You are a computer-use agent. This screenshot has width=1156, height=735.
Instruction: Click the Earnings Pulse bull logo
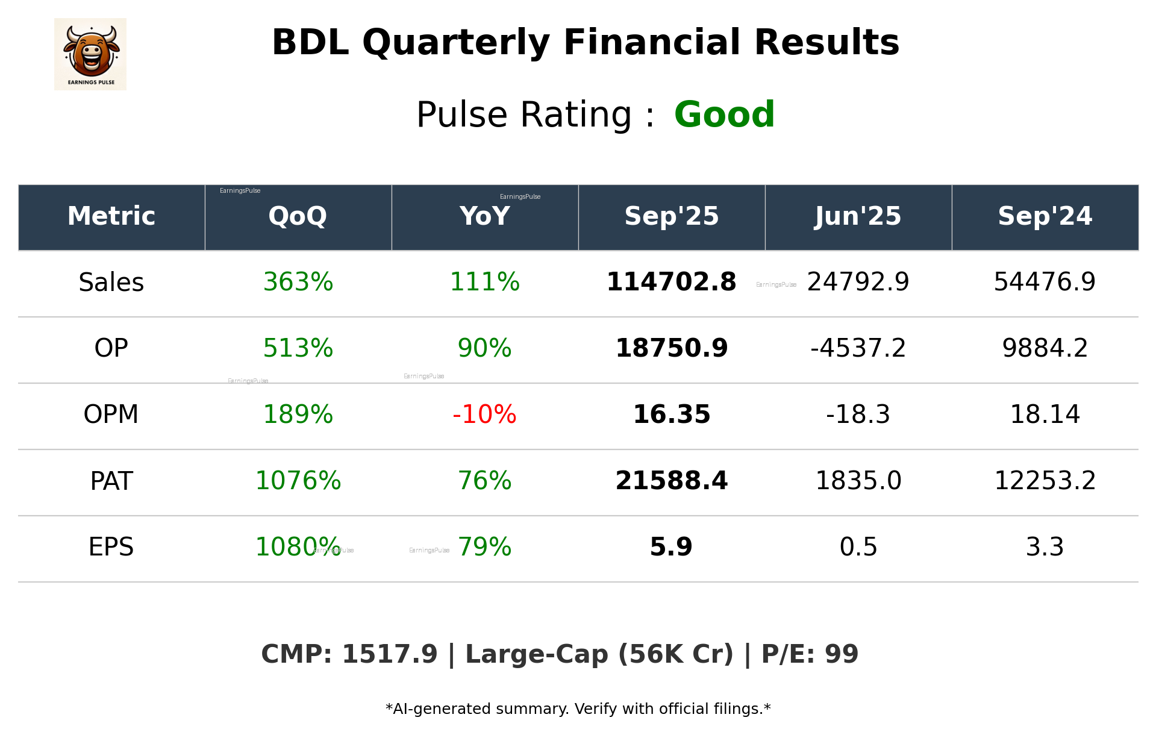(90, 54)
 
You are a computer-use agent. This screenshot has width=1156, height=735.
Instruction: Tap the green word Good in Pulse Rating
(724, 114)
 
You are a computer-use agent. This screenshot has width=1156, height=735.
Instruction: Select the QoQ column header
(298, 216)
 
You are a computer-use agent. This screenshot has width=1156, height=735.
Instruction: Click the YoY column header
(484, 216)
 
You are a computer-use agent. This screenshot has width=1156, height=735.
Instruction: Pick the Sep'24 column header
(1045, 216)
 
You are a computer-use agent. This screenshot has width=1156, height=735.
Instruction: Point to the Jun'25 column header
(858, 216)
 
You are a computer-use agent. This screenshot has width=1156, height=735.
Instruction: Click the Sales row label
(111, 283)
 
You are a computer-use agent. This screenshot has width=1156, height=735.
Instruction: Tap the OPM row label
(111, 414)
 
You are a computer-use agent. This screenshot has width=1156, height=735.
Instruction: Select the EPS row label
(111, 547)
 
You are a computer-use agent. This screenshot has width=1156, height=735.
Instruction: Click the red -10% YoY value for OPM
(484, 414)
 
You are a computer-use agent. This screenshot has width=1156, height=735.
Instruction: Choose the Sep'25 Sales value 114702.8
(671, 282)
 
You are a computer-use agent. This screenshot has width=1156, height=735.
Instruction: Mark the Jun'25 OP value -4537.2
(858, 348)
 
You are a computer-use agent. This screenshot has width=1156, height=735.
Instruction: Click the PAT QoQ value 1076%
(298, 481)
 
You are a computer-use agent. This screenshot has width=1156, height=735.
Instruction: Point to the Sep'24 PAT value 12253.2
(1045, 481)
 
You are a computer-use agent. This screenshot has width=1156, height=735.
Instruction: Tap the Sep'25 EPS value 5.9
(671, 547)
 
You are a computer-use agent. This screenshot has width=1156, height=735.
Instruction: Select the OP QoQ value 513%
(298, 348)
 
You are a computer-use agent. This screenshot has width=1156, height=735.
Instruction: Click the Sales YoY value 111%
(484, 282)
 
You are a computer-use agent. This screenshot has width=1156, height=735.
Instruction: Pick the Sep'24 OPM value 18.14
(1045, 414)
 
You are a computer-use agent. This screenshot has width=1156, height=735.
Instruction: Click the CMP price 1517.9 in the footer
(389, 654)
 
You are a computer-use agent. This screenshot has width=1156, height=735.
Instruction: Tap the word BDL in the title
(310, 43)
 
